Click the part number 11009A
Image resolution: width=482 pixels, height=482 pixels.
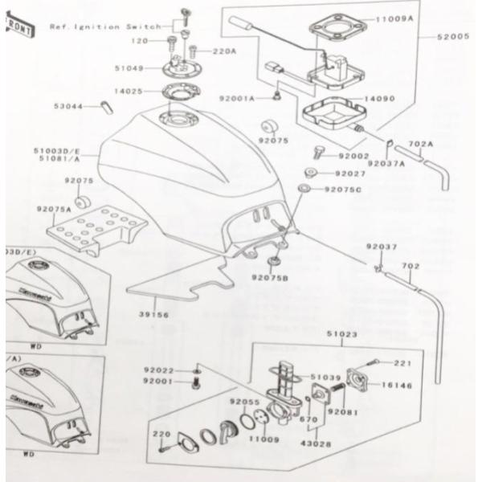click(x=394, y=18)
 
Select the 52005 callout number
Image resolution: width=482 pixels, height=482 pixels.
click(x=455, y=37)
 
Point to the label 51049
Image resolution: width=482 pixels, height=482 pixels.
click(x=128, y=68)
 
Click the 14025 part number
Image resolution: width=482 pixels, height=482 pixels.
click(x=129, y=92)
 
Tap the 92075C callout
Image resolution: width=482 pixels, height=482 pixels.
click(x=342, y=190)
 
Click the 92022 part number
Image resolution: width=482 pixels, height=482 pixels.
click(x=159, y=370)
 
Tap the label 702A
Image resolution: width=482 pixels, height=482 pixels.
click(x=420, y=145)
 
